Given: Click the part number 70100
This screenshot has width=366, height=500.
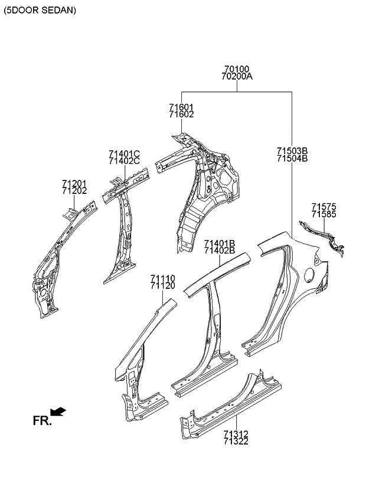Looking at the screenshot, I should click(237, 69).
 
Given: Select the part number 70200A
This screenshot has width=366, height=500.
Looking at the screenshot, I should click(237, 77).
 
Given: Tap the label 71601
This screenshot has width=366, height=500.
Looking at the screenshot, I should click(181, 107).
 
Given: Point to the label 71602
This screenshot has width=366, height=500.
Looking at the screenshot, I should click(181, 114).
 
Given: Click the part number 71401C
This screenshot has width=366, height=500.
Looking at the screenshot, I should click(124, 153).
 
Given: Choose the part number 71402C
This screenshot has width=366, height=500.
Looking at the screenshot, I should click(124, 161).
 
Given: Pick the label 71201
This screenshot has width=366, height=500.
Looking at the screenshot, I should click(74, 183).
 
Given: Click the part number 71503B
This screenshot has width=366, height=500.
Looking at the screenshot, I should click(292, 150).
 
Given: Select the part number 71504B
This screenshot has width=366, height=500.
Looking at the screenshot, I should click(292, 158).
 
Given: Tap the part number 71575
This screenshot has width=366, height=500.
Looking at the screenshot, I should click(324, 206).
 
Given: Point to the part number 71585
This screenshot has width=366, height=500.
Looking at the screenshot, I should click(324, 214).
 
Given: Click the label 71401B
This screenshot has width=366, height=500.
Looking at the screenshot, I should click(220, 243).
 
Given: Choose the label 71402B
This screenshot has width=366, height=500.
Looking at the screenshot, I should click(220, 251).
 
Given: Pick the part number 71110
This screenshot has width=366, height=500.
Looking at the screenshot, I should click(162, 278).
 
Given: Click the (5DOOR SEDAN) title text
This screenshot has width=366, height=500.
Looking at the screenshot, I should click(41, 11).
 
